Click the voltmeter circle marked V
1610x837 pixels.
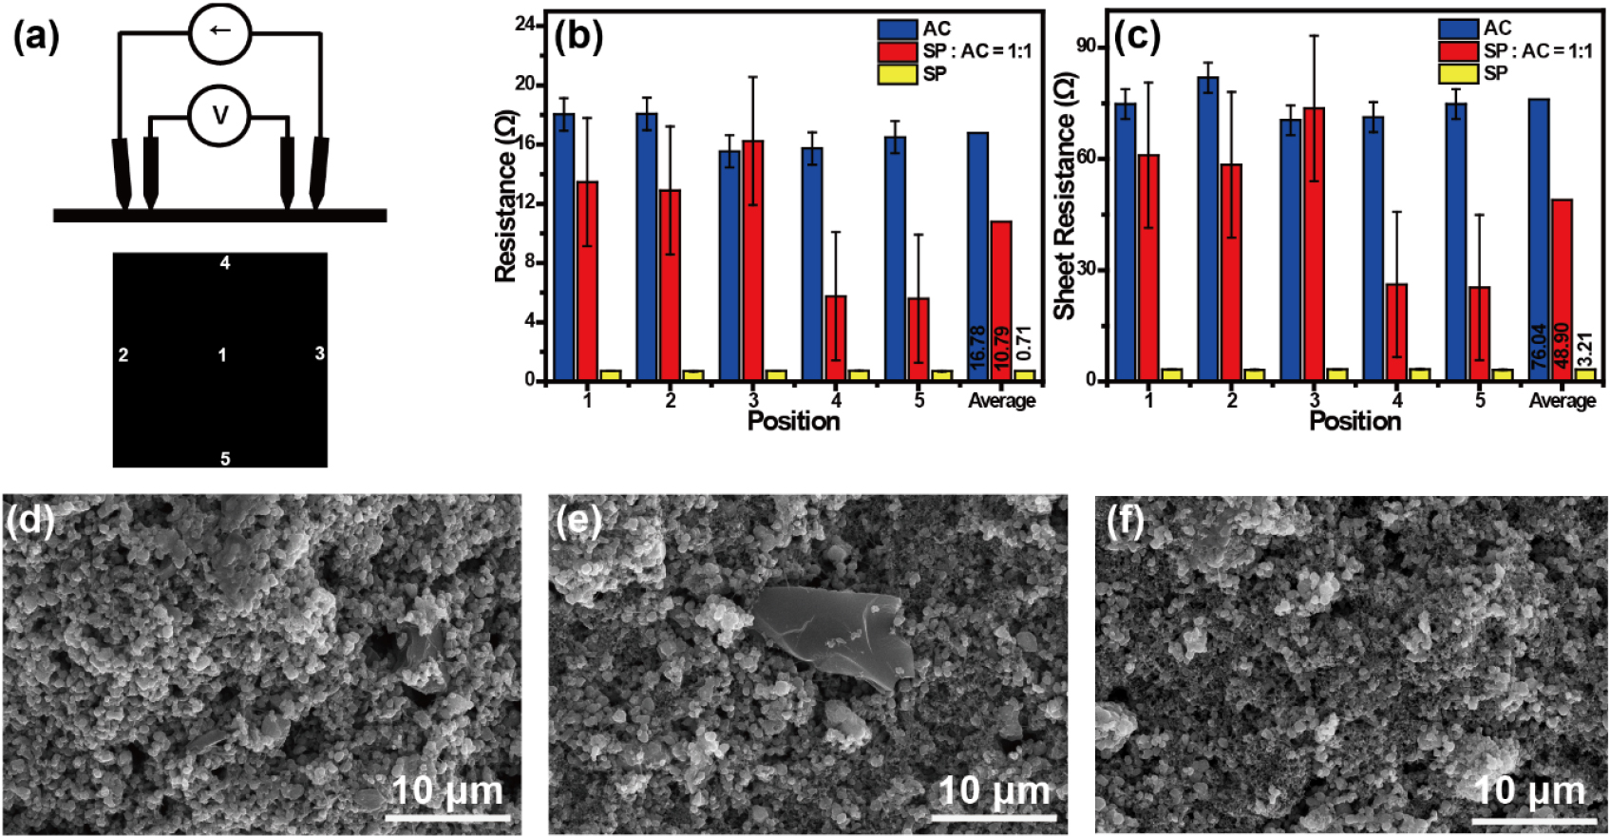[x=219, y=116]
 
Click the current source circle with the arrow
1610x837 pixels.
[x=219, y=31]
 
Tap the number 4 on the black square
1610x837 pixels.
[x=225, y=263]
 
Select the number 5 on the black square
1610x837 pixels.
[x=225, y=459]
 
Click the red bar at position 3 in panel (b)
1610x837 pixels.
[x=753, y=259]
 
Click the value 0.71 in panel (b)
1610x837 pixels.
[x=1023, y=344]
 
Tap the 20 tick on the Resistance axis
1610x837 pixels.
[x=525, y=84]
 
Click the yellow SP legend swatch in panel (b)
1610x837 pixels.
[x=897, y=73]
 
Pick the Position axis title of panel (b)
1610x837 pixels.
[x=793, y=421]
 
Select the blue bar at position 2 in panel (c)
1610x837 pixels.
[x=1208, y=228]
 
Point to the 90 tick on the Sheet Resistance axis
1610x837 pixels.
[x=1086, y=47]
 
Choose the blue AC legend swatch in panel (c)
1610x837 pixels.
[x=1458, y=29]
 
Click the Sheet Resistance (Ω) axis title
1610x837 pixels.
[x=1065, y=195]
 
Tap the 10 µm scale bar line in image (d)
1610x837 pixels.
[x=447, y=816]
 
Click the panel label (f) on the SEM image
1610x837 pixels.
[x=1126, y=522]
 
